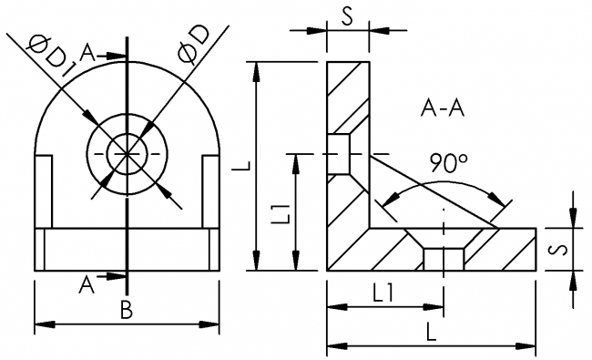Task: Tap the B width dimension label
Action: click(x=127, y=310)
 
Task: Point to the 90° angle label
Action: click(x=448, y=163)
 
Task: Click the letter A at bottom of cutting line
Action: click(x=87, y=285)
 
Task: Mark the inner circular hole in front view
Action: click(x=127, y=152)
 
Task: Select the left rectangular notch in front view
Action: click(x=43, y=190)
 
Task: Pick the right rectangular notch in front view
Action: click(x=210, y=190)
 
